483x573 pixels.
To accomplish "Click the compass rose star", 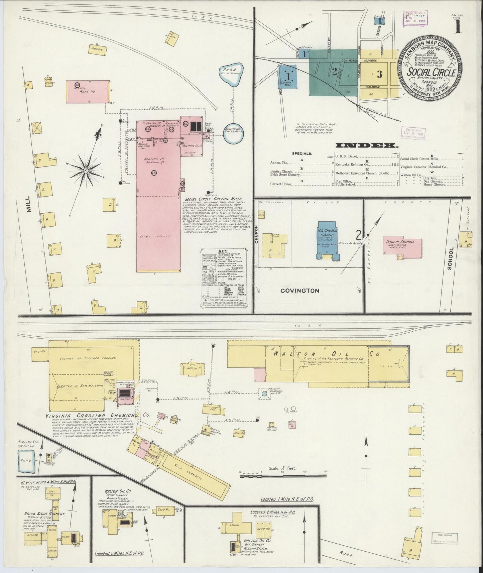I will [86, 170].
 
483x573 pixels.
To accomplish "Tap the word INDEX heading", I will [366, 146].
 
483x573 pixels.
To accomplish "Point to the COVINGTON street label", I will [299, 291].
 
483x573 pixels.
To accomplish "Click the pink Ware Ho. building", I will [88, 91].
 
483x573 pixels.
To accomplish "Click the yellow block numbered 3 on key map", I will [380, 74].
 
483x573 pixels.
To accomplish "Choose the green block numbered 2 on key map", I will [334, 71].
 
